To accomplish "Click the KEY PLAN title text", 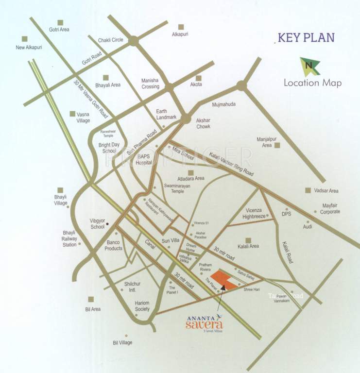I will pos(306,37).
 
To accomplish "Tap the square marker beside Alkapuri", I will pos(181,27).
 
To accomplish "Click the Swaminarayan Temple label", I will pos(171,188).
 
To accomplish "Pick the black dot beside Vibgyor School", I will pos(107,224).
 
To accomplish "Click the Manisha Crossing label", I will pos(150,84).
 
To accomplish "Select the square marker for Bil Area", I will pos(90,300).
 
